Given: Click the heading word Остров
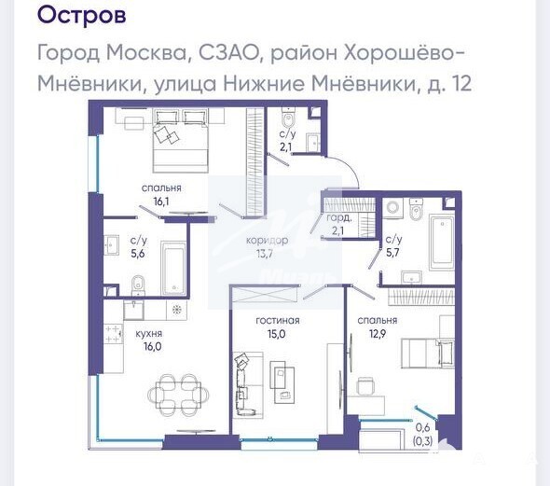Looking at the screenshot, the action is (81, 15).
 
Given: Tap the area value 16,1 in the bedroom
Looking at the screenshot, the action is (161, 201).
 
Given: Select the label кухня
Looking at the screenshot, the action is (149, 334).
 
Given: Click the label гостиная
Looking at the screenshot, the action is (278, 320).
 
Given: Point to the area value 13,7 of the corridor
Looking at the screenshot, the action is (265, 254).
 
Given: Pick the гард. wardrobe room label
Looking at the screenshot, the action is (338, 218).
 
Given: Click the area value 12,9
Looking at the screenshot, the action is (378, 333).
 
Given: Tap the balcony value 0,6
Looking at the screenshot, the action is (422, 428).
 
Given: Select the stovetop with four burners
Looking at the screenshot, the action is (114, 334).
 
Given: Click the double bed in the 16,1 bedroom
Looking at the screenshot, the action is (181, 140).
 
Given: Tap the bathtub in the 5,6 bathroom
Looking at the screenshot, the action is (173, 268).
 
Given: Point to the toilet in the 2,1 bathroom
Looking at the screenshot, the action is (288, 118).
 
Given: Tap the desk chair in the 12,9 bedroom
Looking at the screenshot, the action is (364, 386).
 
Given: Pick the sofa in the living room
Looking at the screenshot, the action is (247, 384).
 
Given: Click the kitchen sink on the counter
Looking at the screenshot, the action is (133, 310).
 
